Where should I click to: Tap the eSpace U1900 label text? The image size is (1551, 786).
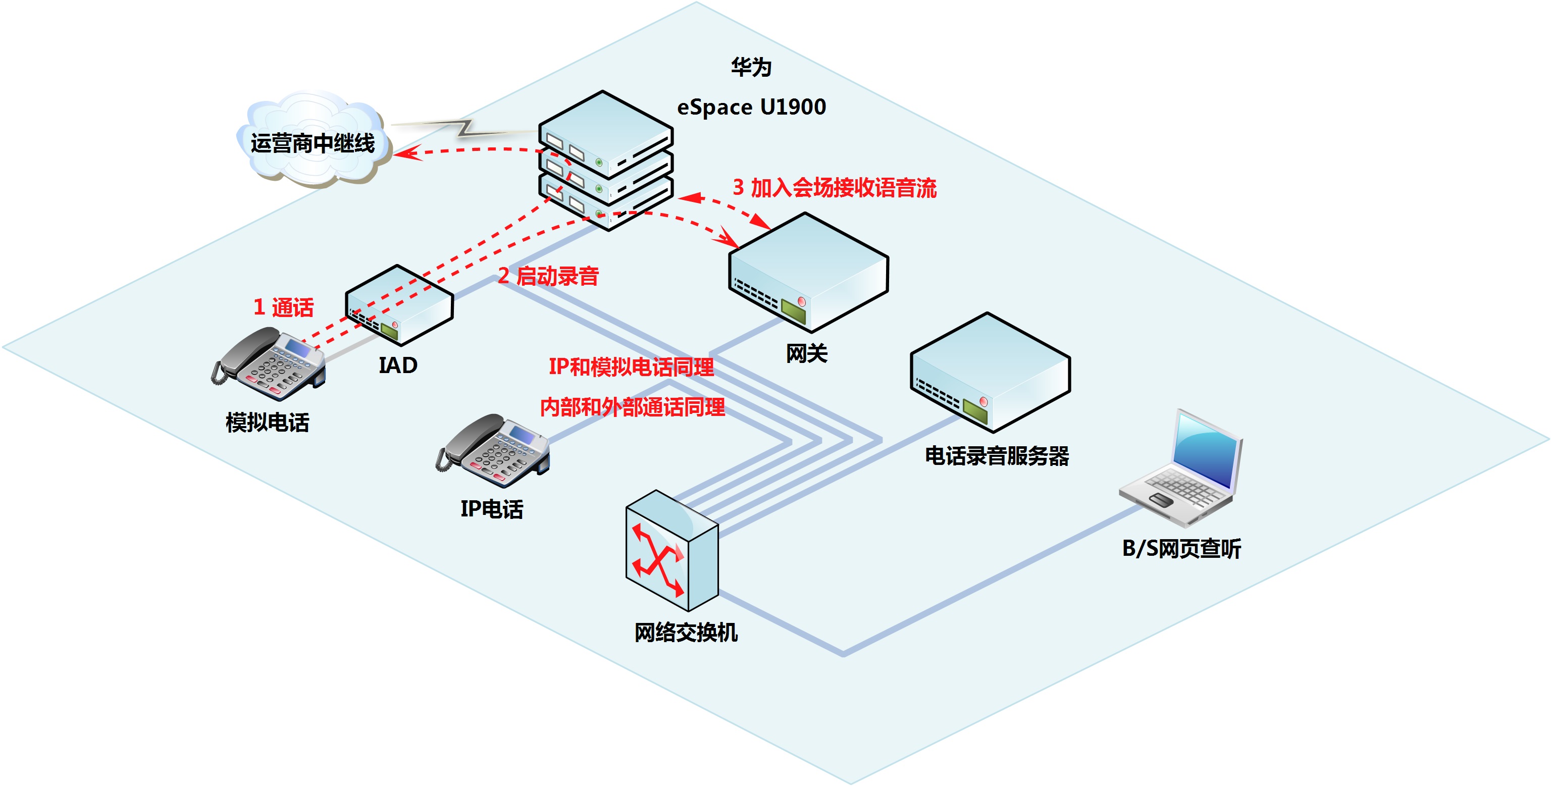coord(751,107)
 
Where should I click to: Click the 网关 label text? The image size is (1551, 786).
coord(807,353)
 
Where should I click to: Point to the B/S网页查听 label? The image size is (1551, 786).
coord(1181,548)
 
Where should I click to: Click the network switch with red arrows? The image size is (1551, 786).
coord(671,551)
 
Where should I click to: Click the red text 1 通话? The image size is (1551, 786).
coord(284,307)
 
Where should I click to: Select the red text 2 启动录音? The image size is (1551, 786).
coord(548,276)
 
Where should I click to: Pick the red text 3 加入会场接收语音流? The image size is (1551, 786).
coord(835,188)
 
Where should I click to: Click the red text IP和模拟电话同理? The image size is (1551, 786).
coord(631,366)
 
